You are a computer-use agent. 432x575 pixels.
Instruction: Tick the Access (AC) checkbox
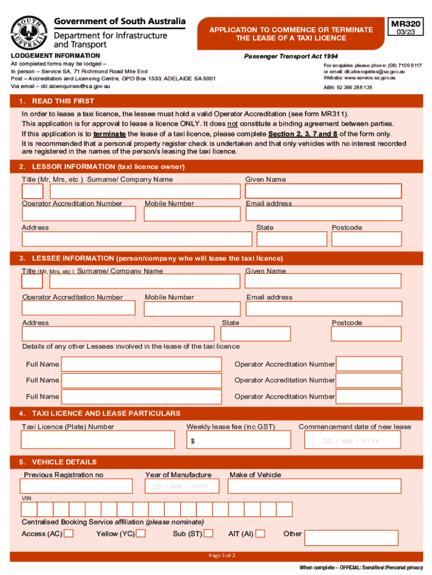pos(68,533)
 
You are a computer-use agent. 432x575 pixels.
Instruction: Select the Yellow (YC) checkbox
pos(141,533)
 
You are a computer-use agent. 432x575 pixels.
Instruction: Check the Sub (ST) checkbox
pos(209,533)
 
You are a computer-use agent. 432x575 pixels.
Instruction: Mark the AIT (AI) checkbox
pos(260,533)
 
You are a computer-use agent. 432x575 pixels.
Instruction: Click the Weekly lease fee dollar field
pos(238,440)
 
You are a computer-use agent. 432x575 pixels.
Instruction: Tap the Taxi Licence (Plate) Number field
pos(98,440)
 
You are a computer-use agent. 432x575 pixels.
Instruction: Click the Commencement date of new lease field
pos(351,440)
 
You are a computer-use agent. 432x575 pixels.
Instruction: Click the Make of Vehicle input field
pos(315,486)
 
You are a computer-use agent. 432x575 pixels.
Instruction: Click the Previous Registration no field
pos(77,486)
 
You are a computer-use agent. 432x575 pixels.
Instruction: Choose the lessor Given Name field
pos(323,191)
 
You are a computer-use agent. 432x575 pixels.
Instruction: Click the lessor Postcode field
pos(366,239)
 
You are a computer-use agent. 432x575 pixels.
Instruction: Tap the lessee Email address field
pos(323,308)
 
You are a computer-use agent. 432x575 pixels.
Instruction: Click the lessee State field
pos(255,334)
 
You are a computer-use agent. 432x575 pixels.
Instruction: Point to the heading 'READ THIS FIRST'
pos(63,101)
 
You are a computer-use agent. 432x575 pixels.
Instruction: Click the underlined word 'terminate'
pos(109,134)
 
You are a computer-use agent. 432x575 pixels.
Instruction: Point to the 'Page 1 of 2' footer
pos(221,555)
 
